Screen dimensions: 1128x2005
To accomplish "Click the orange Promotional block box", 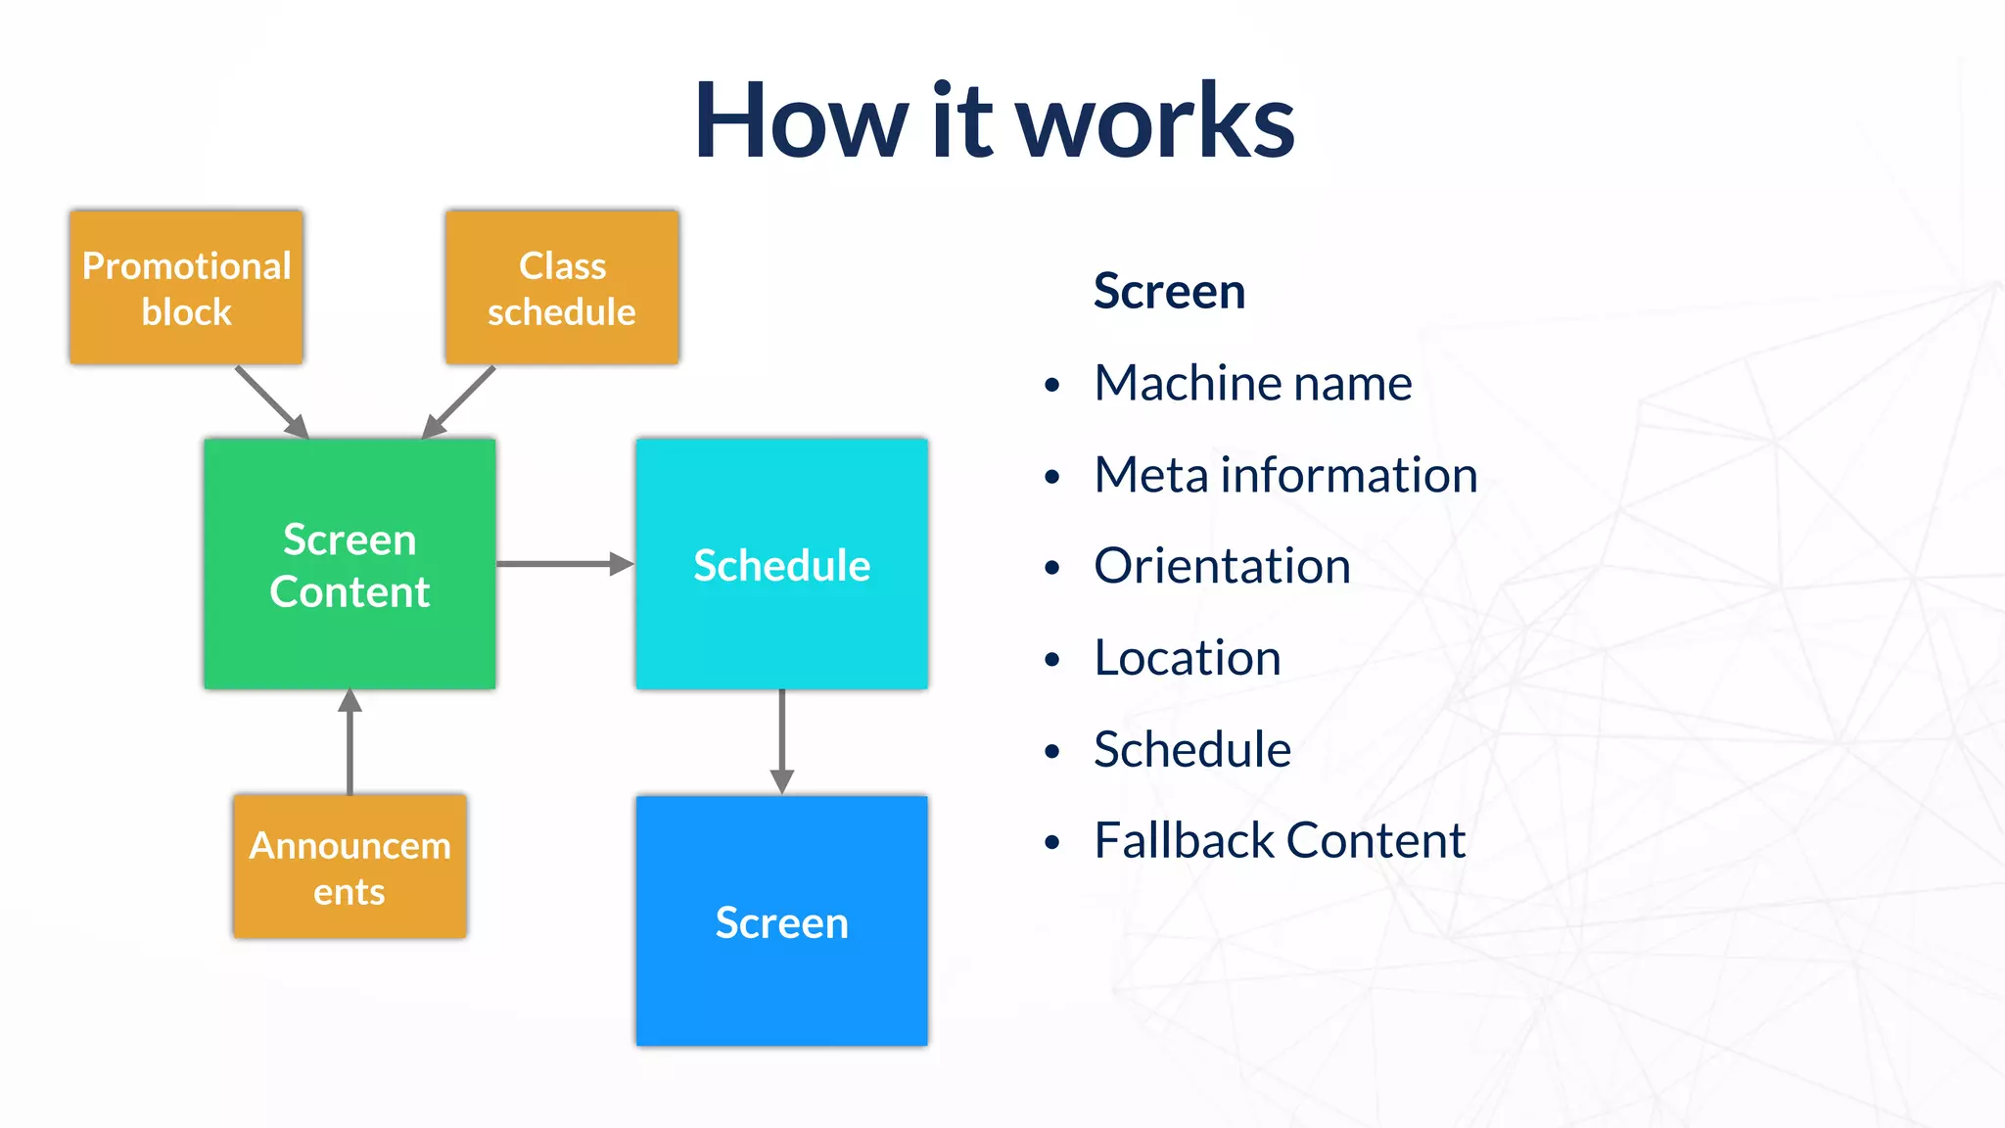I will [x=186, y=288].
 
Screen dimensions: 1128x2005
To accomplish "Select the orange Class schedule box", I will [x=562, y=288].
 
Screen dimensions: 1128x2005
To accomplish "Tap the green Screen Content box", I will [x=350, y=564].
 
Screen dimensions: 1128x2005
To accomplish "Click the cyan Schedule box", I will [x=781, y=564].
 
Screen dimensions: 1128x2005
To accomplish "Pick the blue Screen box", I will [x=781, y=921].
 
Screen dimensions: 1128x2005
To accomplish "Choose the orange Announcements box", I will [x=350, y=867].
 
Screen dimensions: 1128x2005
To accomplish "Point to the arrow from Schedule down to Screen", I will [x=781, y=741].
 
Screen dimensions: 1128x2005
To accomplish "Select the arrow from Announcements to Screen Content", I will [x=350, y=741].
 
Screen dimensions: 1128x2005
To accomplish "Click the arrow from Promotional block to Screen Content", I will [x=271, y=401].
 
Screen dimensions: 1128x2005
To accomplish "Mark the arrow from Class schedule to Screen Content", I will [x=459, y=401].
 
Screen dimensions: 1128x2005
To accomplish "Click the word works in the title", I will [x=1155, y=121].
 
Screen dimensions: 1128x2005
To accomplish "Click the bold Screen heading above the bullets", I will [x=1169, y=292].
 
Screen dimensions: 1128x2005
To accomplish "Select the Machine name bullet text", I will [x=1252, y=383].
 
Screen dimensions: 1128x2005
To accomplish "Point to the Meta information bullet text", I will [x=1284, y=475].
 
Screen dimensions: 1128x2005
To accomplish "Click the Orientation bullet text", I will [x=1222, y=566].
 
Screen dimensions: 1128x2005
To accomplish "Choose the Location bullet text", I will [x=1187, y=658].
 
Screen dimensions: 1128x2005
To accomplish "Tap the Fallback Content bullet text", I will [x=1279, y=841].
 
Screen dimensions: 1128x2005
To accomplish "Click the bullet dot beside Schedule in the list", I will [x=1052, y=752].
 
